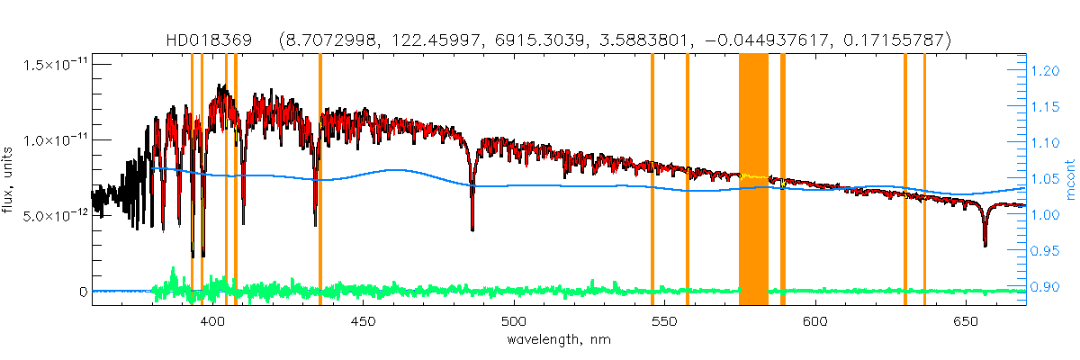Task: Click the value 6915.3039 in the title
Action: tap(537, 40)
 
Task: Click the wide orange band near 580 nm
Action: tap(753, 180)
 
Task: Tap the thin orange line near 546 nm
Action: tap(652, 180)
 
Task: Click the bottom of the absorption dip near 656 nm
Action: tap(985, 243)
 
